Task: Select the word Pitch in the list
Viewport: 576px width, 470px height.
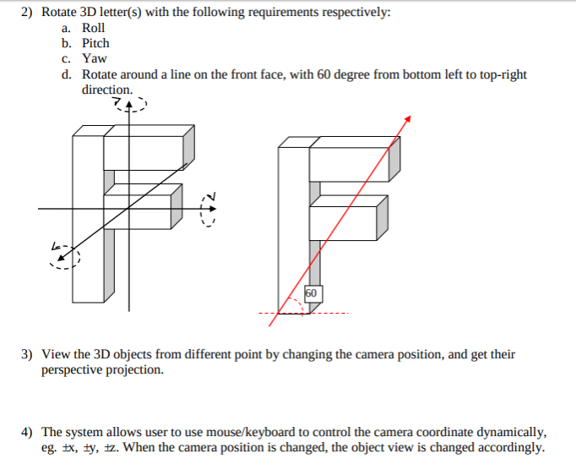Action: click(95, 43)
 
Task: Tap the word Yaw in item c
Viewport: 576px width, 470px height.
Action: click(94, 58)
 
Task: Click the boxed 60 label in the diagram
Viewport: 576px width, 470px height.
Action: click(311, 292)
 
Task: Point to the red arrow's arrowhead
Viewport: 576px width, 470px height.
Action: click(408, 118)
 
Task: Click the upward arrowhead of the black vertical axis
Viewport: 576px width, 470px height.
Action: click(128, 105)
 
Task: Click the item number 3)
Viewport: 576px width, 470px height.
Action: click(27, 354)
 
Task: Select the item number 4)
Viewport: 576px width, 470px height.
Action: click(27, 431)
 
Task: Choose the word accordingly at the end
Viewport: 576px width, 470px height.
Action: click(509, 447)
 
